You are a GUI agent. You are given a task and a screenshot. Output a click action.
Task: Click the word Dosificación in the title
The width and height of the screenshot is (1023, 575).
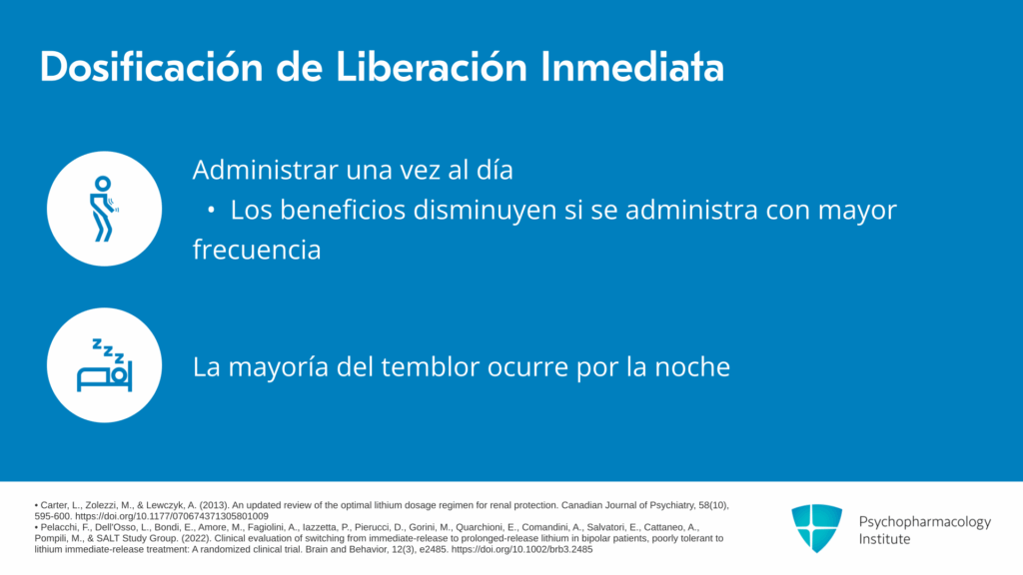(151, 67)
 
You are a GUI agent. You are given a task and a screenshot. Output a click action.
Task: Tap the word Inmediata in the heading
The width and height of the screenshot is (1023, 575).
(632, 67)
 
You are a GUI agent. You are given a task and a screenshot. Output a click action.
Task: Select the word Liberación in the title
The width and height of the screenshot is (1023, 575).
(432, 67)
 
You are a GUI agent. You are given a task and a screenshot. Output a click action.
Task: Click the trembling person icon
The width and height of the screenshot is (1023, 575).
(103, 209)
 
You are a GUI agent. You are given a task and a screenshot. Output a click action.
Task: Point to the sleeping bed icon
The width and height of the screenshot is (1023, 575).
(104, 365)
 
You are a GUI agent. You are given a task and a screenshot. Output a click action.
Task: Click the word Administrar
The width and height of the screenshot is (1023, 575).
(265, 170)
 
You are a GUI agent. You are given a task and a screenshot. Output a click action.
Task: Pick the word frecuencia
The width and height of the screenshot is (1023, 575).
(257, 250)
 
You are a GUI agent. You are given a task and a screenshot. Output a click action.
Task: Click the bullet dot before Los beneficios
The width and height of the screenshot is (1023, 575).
(211, 210)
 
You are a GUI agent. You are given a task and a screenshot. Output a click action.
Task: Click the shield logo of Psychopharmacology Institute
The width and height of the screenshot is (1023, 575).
(817, 528)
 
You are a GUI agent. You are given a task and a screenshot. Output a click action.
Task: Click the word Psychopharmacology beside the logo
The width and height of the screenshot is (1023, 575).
(924, 522)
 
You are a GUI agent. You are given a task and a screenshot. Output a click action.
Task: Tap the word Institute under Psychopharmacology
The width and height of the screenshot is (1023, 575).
(884, 539)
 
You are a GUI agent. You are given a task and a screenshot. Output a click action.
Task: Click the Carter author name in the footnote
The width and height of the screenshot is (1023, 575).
(54, 505)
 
